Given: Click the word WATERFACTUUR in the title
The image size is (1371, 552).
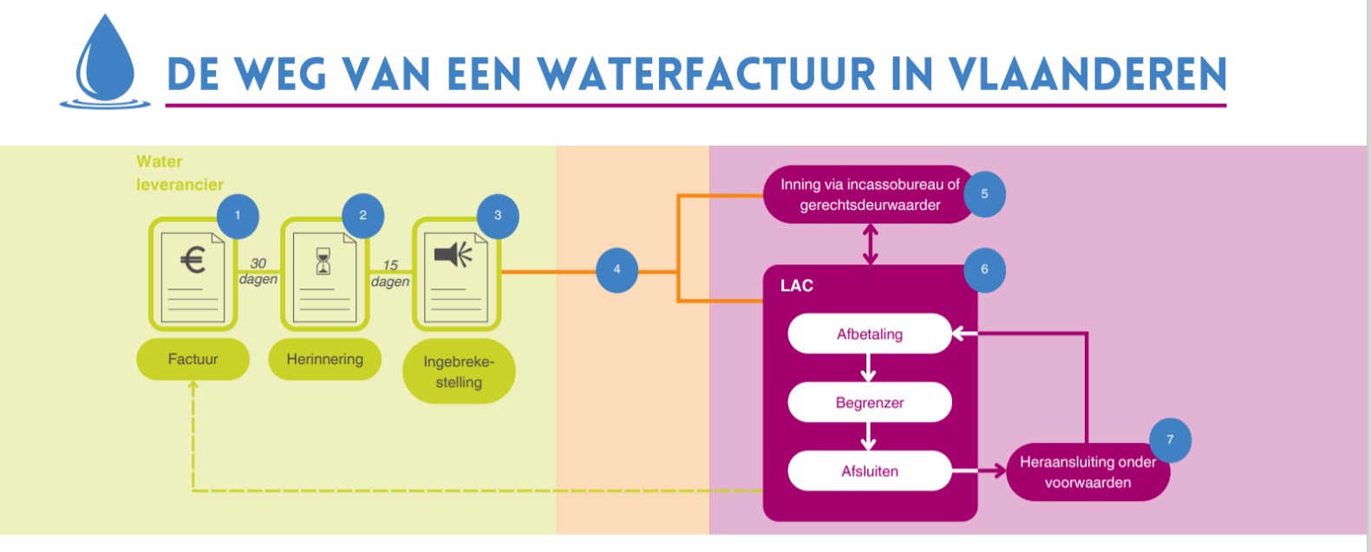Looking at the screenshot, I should point(707,75).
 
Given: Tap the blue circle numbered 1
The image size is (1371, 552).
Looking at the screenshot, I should point(238,216).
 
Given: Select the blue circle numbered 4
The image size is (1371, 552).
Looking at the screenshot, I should point(617,270).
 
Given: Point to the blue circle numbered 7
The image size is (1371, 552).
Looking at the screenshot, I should point(1170,440).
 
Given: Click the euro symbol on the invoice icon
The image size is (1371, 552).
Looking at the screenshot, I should point(193,260).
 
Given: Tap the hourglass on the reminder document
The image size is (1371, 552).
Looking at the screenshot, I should point(323,261).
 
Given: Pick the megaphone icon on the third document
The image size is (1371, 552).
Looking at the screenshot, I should point(454,255).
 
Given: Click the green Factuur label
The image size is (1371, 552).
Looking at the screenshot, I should point(193,360).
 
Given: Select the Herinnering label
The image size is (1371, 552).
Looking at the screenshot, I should point(324,360).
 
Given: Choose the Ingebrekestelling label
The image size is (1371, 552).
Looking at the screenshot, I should point(459,373).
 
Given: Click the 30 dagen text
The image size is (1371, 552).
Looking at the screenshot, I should point(258,271).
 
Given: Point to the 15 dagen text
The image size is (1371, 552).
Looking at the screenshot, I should point(390,273).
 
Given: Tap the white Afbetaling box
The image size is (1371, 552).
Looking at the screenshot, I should point(869,334).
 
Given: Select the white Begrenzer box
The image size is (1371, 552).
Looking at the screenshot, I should point(869,403).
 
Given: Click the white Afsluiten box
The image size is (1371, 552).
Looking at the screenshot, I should point(869,471).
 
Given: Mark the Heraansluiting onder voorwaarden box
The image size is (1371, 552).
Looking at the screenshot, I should point(1087,472).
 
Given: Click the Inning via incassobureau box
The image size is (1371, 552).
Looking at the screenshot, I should point(869,195).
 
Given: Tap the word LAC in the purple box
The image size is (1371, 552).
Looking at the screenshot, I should point(796,286).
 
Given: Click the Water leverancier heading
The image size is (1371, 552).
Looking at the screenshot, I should point(180,173).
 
